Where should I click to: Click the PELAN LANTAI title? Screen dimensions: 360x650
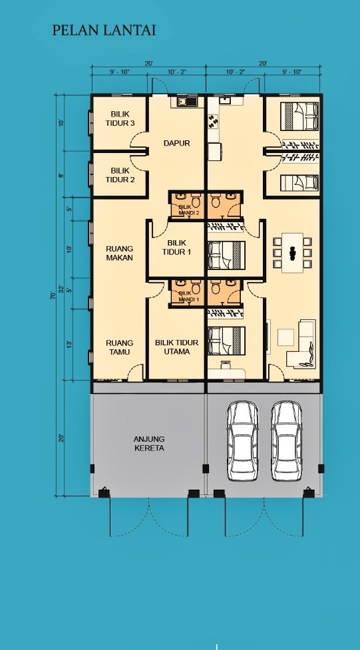click(104, 30)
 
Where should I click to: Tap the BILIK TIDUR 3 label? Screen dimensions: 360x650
click(120, 118)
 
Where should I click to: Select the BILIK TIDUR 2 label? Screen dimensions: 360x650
click(120, 175)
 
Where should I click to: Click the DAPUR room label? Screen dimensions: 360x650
click(177, 143)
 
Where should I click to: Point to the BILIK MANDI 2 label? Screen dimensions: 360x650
click(189, 210)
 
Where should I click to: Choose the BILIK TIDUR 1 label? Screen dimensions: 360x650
click(177, 247)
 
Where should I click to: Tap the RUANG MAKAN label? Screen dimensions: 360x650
click(120, 253)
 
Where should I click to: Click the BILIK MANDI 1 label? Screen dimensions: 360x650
click(189, 296)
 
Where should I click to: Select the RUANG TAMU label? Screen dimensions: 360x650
click(120, 347)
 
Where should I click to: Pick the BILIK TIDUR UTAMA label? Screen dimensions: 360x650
click(177, 347)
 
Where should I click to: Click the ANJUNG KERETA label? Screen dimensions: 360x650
click(149, 444)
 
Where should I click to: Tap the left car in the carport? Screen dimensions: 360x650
click(243, 441)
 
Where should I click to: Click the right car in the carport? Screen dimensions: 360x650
click(286, 441)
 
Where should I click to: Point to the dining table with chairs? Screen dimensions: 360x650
click(292, 252)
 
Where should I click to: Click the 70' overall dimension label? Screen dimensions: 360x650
click(53, 295)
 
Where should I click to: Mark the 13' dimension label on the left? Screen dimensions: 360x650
click(69, 344)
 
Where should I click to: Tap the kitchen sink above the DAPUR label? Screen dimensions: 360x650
click(188, 101)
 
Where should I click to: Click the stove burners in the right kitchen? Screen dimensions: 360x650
click(213, 120)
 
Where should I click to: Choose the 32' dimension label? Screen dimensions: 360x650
click(61, 289)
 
